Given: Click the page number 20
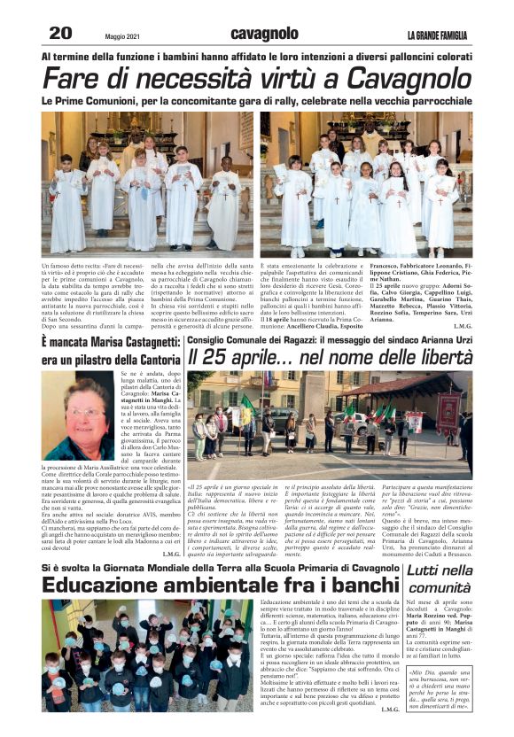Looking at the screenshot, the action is pos(60,33).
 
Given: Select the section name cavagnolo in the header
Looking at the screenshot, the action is pos(258,35).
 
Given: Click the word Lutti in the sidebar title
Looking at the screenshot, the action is pos(428,570).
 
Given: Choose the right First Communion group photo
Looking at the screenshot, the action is pos(366,184).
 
